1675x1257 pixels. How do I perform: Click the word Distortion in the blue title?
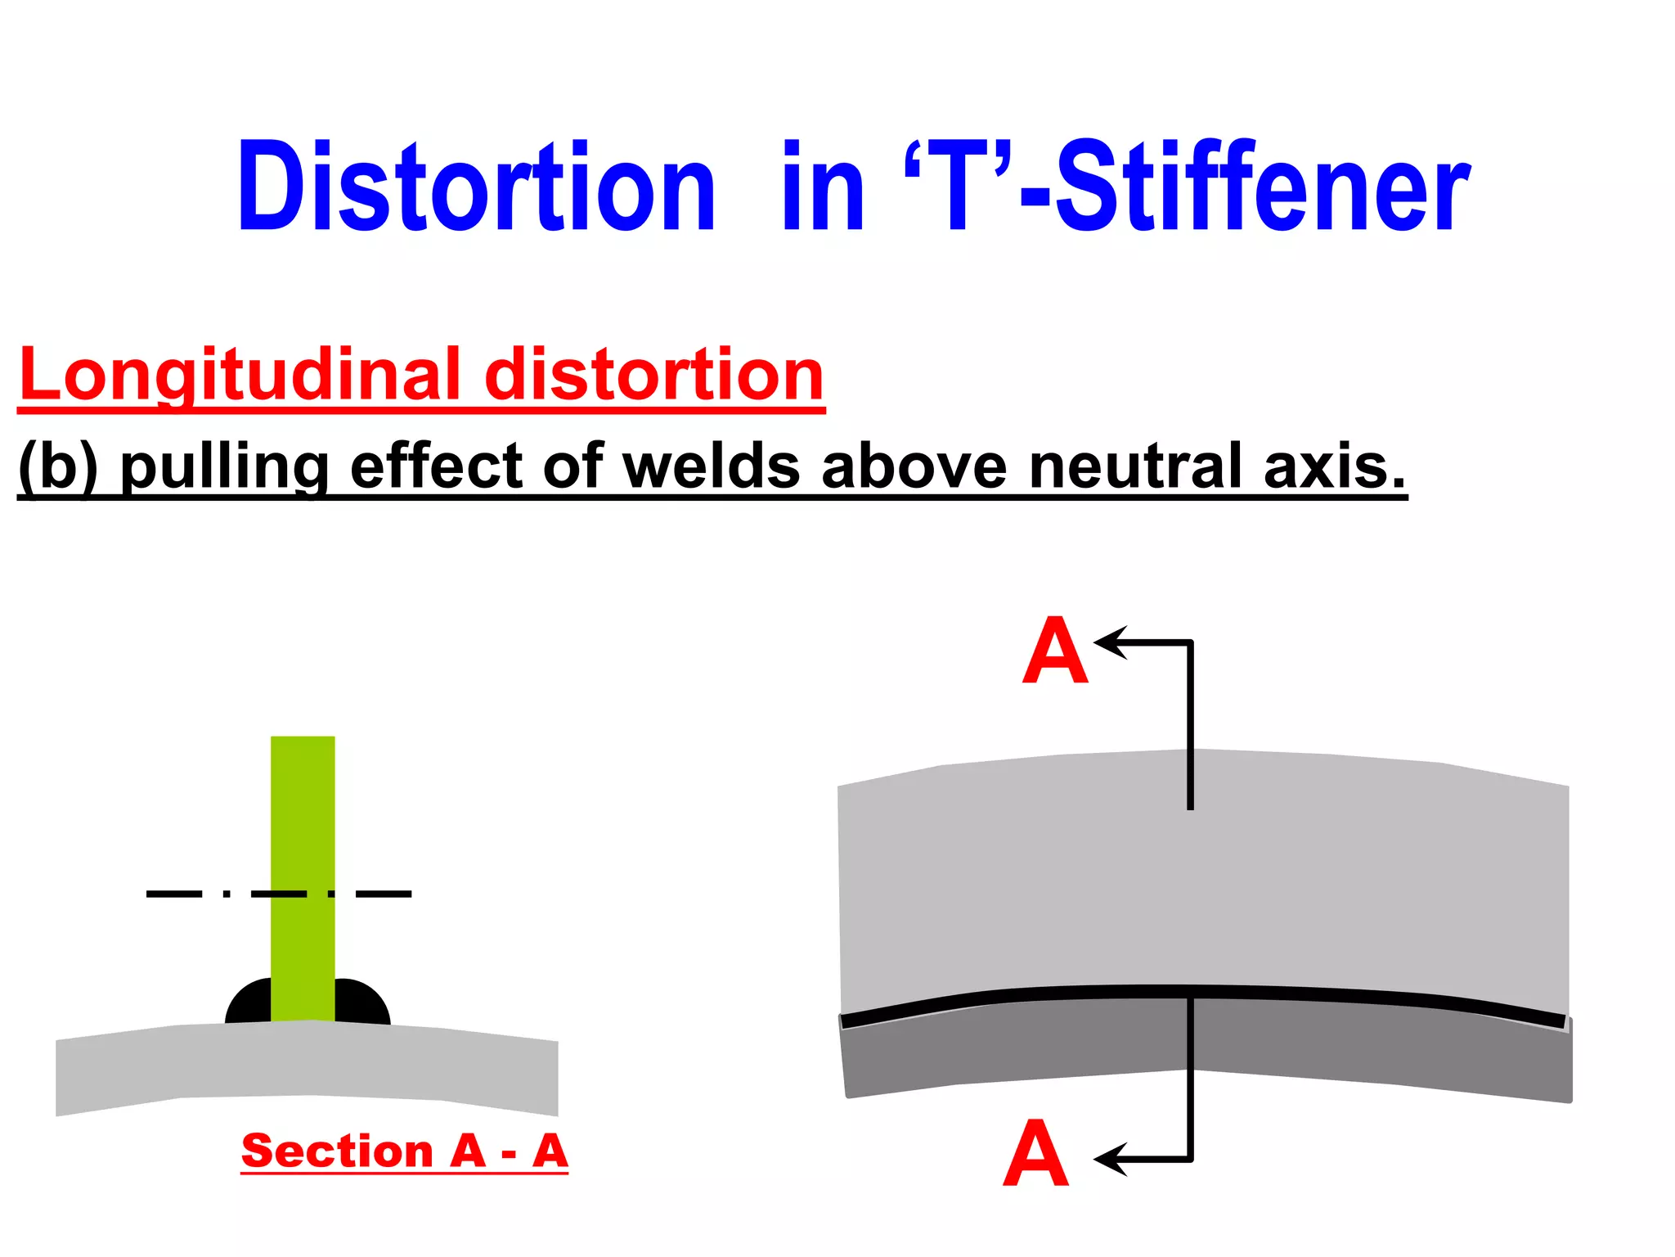click(476, 188)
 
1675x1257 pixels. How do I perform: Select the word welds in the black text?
click(712, 466)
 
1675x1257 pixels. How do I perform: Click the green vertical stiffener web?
click(303, 818)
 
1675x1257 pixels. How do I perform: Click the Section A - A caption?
click(404, 1151)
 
